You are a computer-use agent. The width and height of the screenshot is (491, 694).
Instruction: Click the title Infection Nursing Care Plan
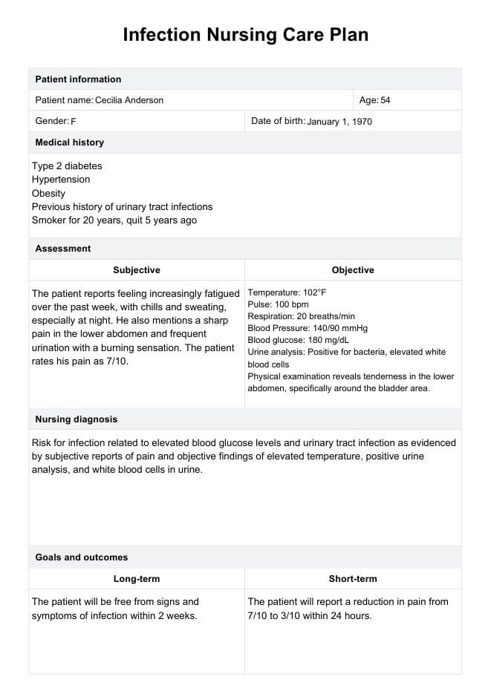pos(245,35)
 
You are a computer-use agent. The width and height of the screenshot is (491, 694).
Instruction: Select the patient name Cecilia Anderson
pos(129,100)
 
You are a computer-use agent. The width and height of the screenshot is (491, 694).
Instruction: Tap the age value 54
pos(386,100)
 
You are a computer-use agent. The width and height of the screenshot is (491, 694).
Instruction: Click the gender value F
pos(74,121)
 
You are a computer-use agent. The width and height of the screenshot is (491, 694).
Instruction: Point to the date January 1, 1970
pos(339,121)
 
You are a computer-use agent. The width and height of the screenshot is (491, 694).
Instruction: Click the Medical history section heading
pos(70,143)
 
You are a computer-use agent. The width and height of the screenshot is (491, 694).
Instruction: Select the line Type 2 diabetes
pos(67,166)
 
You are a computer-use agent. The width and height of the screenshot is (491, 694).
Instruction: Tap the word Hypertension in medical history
pos(61,180)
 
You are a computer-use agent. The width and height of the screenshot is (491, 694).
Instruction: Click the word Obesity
pos(49,194)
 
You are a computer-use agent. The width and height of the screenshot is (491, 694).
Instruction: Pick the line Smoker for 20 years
pos(114,220)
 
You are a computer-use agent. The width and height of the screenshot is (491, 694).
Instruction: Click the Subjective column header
pos(137,270)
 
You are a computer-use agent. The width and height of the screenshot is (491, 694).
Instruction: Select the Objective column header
pos(353,270)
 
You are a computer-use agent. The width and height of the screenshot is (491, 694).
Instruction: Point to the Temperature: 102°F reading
pos(287,292)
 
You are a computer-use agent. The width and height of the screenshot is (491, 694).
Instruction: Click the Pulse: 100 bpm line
pos(278,304)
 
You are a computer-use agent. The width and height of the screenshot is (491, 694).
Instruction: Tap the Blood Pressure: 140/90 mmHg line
pos(308,328)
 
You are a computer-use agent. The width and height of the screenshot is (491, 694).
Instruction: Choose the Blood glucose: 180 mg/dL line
pos(298,340)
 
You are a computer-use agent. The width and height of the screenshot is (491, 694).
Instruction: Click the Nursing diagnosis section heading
pos(77,419)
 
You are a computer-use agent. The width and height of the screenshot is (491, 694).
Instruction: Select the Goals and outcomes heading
pos(82,557)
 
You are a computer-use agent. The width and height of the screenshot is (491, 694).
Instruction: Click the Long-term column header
pos(137,579)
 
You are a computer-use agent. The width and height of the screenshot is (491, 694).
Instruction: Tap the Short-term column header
pos(353,579)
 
